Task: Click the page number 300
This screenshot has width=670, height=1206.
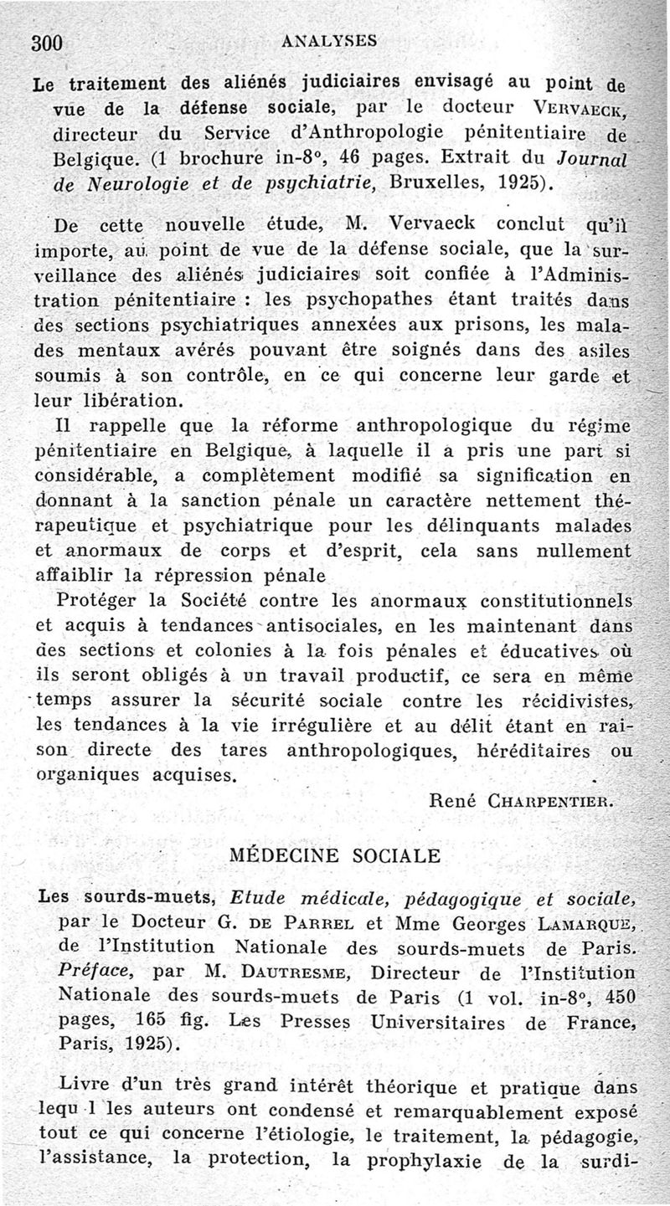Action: click(48, 43)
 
